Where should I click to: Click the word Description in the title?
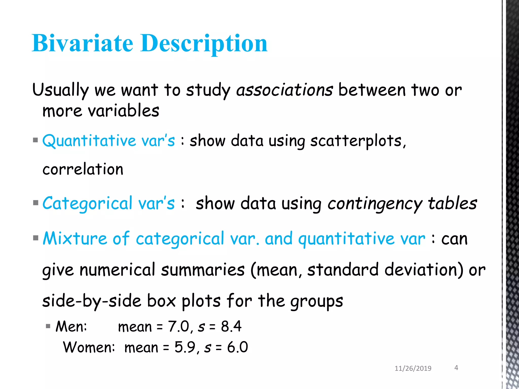[204, 44]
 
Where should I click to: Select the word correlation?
[83, 169]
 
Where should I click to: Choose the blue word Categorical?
[87, 203]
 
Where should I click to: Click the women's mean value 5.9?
[185, 347]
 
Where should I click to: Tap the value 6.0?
[237, 347]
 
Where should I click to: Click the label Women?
[89, 347]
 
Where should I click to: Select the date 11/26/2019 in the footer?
[413, 368]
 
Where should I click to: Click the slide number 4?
[456, 368]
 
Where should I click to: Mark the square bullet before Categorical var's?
[35, 203]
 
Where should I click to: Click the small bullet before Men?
[48, 326]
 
